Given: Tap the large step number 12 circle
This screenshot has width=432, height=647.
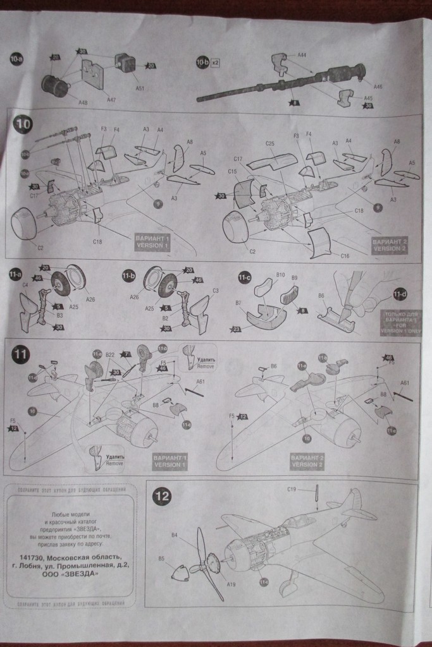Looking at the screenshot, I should pyautogui.click(x=163, y=497).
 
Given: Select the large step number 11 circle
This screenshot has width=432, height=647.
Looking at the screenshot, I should pyautogui.click(x=21, y=355).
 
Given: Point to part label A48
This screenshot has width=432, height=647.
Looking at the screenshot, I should pyautogui.click(x=83, y=102).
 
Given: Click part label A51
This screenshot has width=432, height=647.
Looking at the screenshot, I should pyautogui.click(x=139, y=88).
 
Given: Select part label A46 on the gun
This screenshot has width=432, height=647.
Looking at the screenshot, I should pyautogui.click(x=378, y=87).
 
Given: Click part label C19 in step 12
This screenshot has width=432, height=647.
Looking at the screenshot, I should pyautogui.click(x=292, y=488).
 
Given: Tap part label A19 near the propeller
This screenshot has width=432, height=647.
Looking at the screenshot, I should pyautogui.click(x=231, y=584).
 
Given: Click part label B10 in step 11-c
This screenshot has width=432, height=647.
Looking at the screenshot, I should pyautogui.click(x=280, y=275).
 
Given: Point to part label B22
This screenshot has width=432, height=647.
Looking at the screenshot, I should pyautogui.click(x=110, y=355).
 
